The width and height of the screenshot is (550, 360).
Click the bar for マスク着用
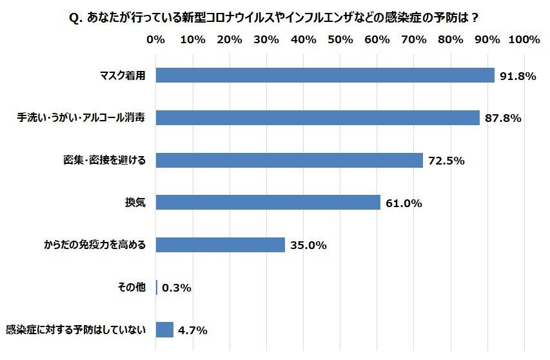(325, 75)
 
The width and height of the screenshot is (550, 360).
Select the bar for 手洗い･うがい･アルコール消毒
(318, 118)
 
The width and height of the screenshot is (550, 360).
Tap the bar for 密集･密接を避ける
(290, 160)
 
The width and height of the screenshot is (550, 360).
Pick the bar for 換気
(268, 203)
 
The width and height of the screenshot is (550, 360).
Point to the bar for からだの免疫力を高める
(221, 245)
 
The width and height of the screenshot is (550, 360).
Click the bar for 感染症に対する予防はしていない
(165, 330)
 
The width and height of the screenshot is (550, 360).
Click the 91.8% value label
(517, 76)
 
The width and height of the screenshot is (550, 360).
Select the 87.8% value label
(503, 119)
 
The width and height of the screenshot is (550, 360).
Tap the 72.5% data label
(446, 161)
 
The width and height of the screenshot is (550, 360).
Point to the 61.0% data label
(404, 203)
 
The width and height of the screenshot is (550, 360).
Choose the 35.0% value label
(308, 245)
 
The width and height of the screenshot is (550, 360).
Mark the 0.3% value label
(177, 288)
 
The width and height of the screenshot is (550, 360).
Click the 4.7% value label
(192, 330)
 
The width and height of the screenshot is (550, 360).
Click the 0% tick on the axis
(156, 40)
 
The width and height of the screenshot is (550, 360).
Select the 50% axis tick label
(340, 40)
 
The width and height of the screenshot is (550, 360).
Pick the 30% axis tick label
(266, 40)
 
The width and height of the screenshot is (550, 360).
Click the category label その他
(132, 287)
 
